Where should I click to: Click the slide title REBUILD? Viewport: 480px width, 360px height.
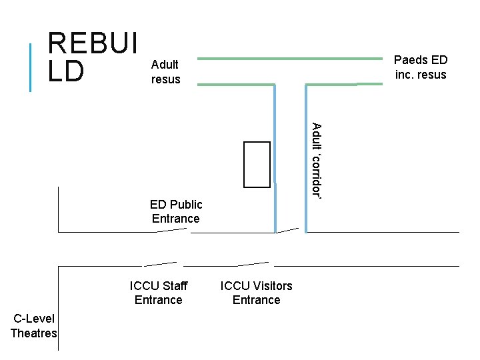tap(92, 58)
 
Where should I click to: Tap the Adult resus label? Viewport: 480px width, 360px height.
tap(165, 72)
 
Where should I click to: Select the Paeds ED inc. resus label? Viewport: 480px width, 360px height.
tap(420, 67)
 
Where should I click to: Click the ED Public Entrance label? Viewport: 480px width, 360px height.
tap(175, 211)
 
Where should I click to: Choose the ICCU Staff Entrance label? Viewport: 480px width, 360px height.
tap(159, 293)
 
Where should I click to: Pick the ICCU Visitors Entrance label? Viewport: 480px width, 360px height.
tap(256, 293)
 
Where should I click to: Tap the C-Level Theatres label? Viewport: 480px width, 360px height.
tap(34, 326)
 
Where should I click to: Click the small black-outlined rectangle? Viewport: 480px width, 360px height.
tap(257, 165)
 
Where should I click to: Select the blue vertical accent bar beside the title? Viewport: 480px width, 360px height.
tap(31, 67)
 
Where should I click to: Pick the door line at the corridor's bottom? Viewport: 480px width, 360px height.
tap(288, 231)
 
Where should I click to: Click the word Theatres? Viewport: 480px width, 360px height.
tap(34, 333)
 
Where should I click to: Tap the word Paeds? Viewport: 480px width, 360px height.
tap(408, 60)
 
